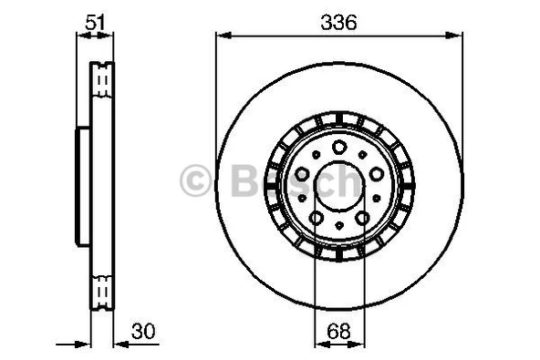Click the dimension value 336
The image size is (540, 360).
pyautogui.click(x=339, y=23)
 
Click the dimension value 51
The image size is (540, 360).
pyautogui.click(x=95, y=23)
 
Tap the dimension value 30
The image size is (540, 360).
pyautogui.click(x=143, y=331)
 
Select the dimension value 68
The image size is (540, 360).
pyautogui.click(x=339, y=331)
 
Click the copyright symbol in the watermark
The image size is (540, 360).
pyautogui.click(x=195, y=180)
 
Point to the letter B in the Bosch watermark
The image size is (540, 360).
pyautogui.click(x=244, y=180)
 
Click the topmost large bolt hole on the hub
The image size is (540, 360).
pyautogui.click(x=339, y=148)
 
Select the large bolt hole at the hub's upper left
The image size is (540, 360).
pyautogui.click(x=302, y=174)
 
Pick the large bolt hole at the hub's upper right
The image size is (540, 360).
pyautogui.click(x=377, y=174)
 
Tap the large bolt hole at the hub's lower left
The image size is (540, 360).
pyautogui.click(x=317, y=218)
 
